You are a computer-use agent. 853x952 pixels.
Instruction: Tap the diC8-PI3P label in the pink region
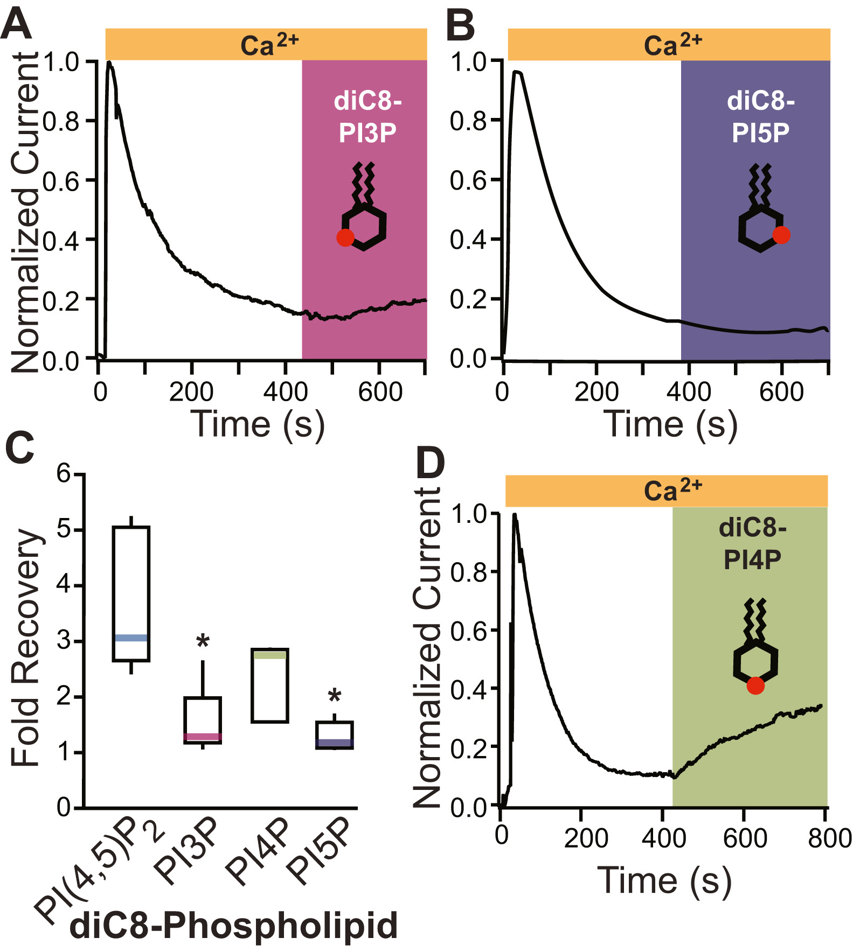367,117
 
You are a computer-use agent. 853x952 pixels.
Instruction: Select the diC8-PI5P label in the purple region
760,117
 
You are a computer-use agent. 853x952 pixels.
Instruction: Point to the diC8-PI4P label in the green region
752,544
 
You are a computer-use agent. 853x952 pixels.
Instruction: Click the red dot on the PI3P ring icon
345,237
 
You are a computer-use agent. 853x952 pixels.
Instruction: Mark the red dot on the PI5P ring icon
781,235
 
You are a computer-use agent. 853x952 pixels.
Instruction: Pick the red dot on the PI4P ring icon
755,685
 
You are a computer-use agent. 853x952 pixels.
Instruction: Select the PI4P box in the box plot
270,685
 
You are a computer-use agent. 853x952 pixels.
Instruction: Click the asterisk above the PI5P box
335,696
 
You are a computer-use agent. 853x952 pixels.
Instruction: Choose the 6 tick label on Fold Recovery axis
64,474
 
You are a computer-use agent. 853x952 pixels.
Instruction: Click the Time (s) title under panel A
258,424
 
